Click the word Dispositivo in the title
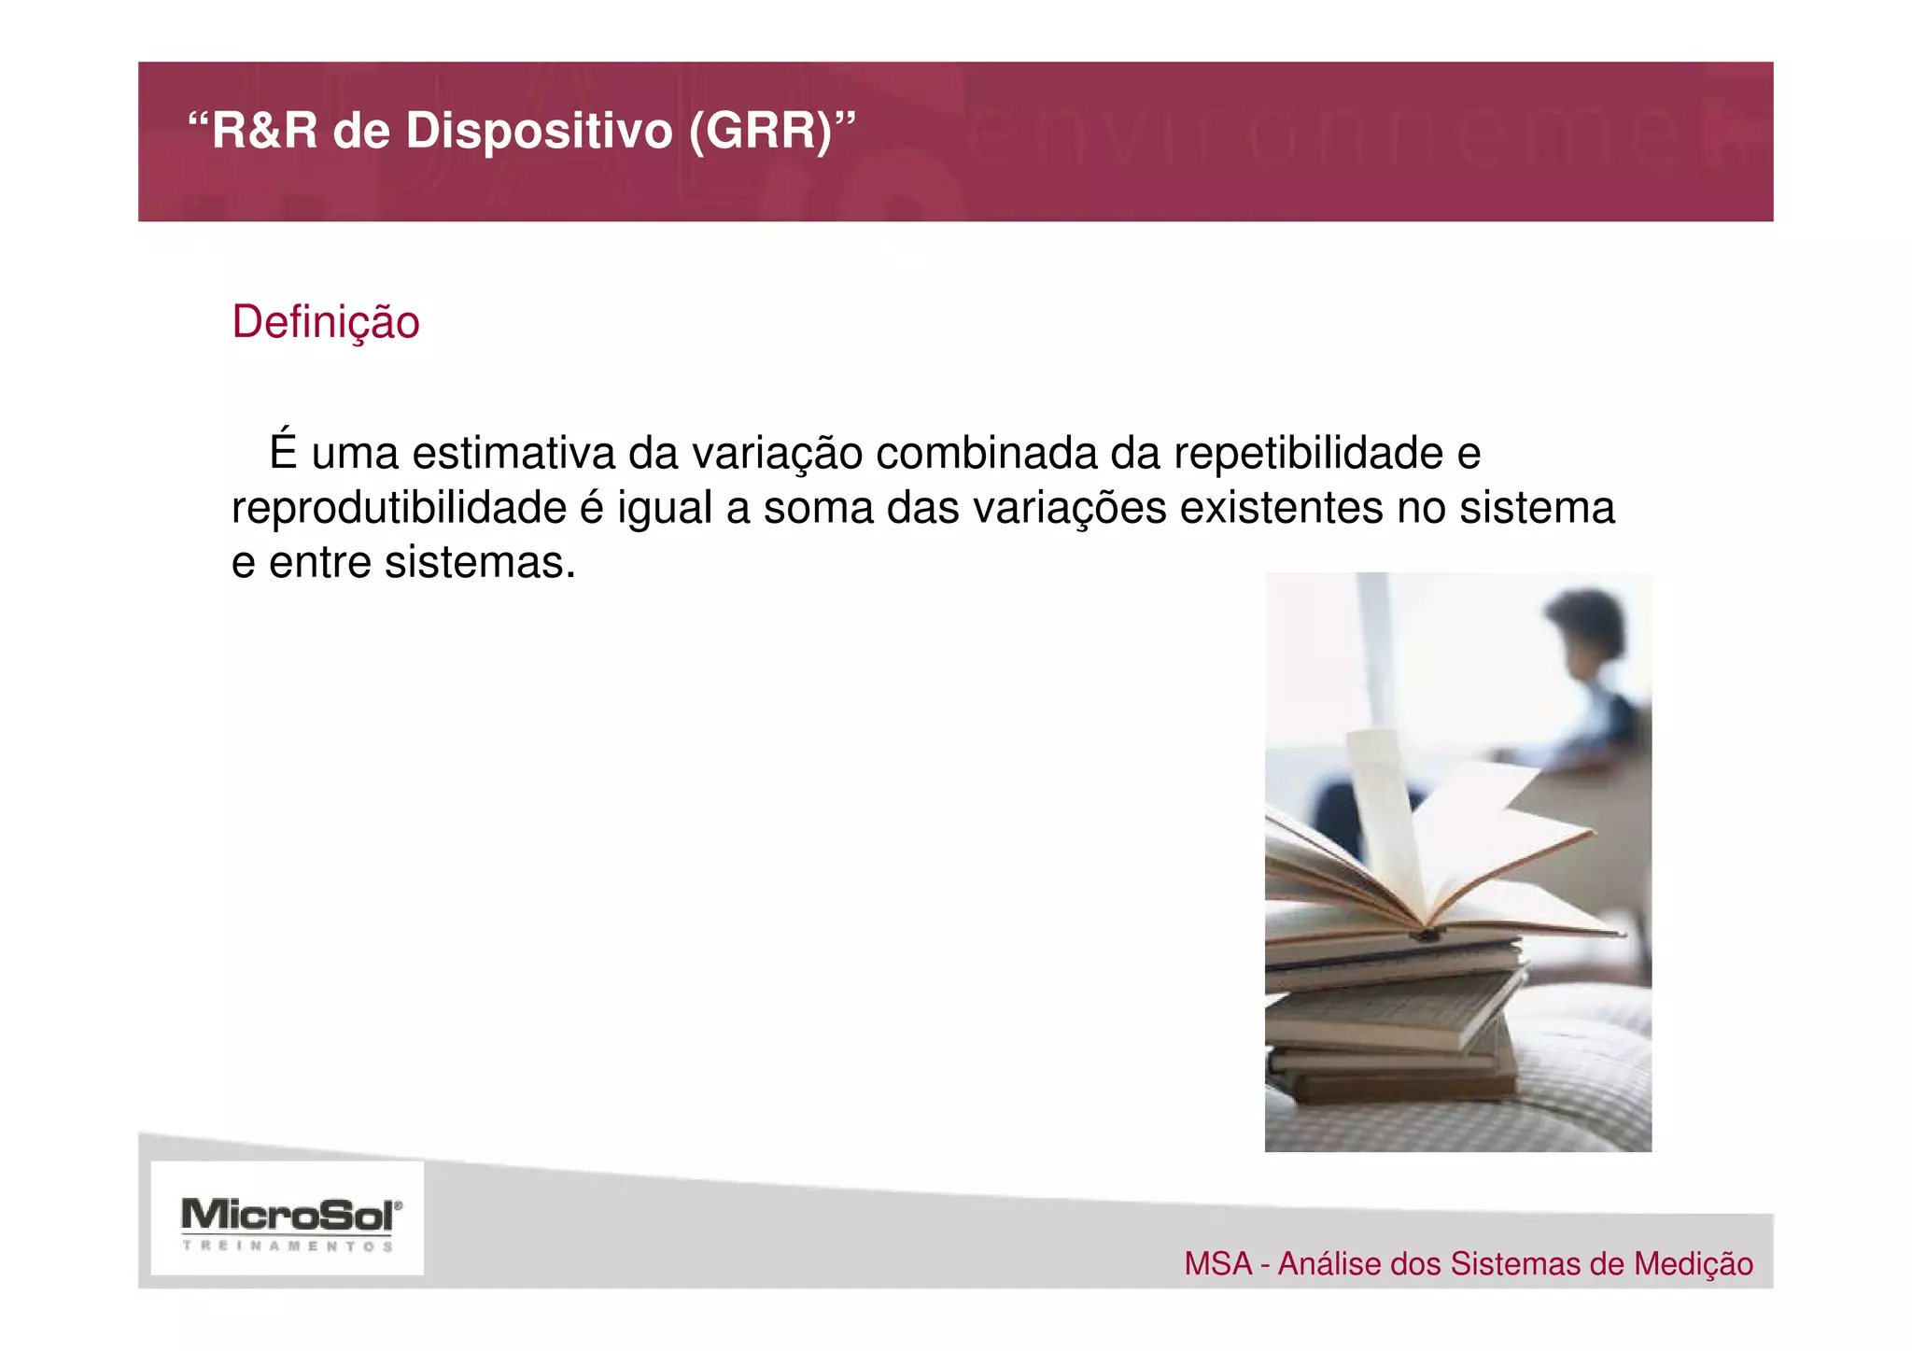point(539,131)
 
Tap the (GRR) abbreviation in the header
point(761,131)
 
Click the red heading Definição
point(326,322)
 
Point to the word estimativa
point(513,454)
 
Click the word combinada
point(985,454)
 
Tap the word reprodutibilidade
point(399,509)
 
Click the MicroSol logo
point(290,1215)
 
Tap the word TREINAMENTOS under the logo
point(288,1246)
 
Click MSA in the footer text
point(1217,1264)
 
